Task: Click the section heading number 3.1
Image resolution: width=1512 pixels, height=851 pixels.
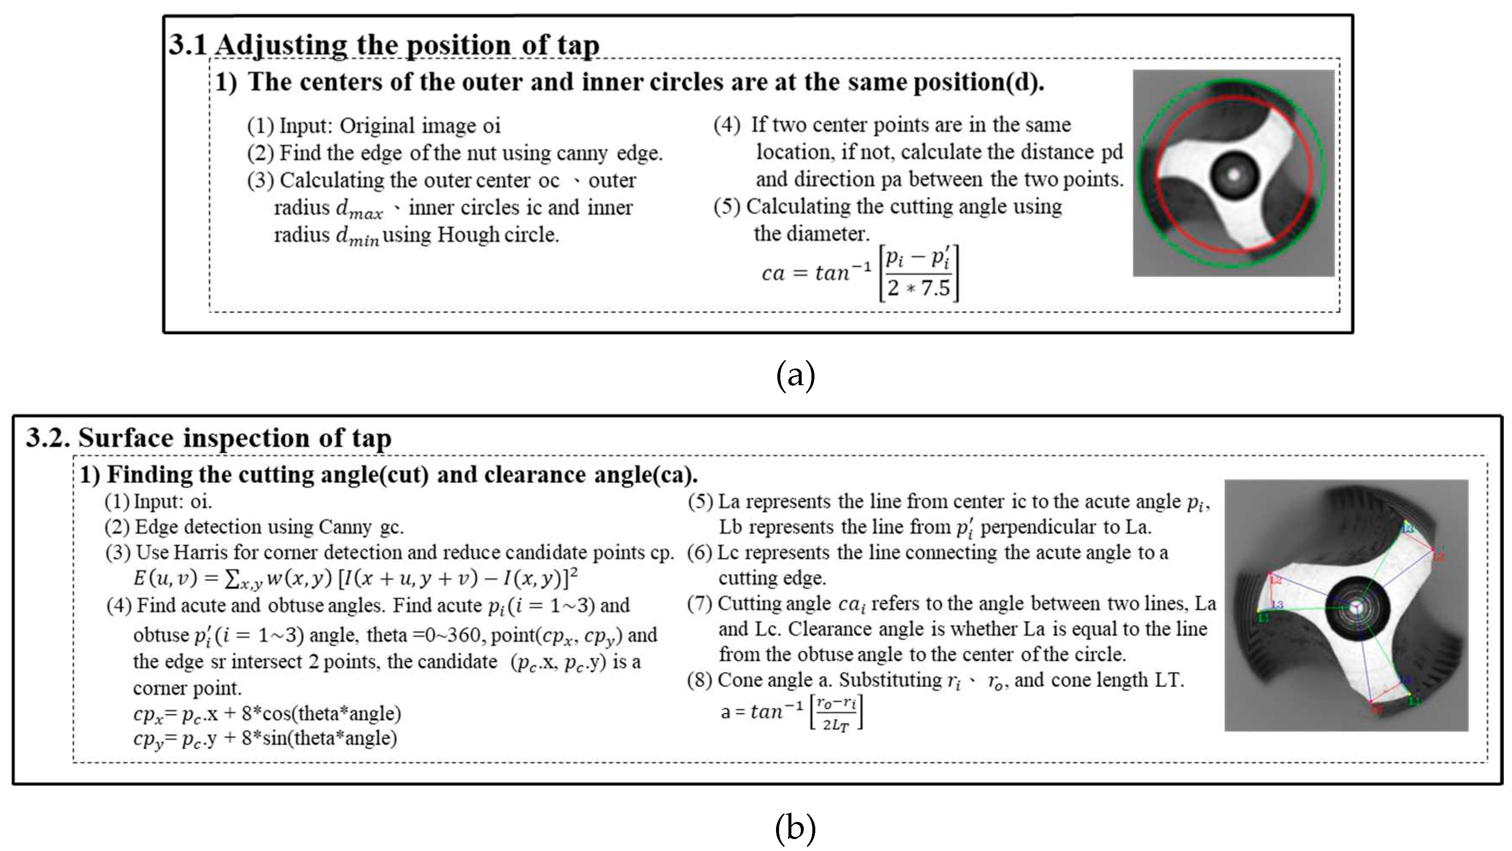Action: [188, 45]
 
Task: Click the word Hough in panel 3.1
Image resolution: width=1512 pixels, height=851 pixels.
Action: [468, 235]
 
